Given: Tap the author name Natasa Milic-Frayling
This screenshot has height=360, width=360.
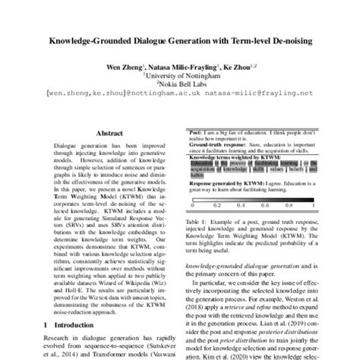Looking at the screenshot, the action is coord(177,67).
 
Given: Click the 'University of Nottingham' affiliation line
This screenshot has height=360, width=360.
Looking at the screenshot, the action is coord(181,77).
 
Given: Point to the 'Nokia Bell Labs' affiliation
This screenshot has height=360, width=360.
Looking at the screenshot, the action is coord(181,86).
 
